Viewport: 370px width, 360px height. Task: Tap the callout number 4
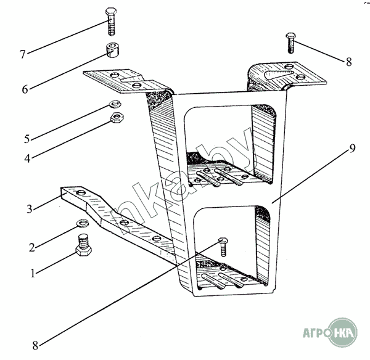click(x=28, y=158)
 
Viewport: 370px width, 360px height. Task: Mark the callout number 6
click(x=25, y=89)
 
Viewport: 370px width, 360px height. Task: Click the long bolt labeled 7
click(x=111, y=22)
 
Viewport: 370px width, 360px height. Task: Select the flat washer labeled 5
click(x=114, y=104)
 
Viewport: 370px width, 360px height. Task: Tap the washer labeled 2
click(x=82, y=223)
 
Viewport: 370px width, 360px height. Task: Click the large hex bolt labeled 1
click(x=84, y=244)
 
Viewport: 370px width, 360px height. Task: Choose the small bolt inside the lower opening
click(x=223, y=244)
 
